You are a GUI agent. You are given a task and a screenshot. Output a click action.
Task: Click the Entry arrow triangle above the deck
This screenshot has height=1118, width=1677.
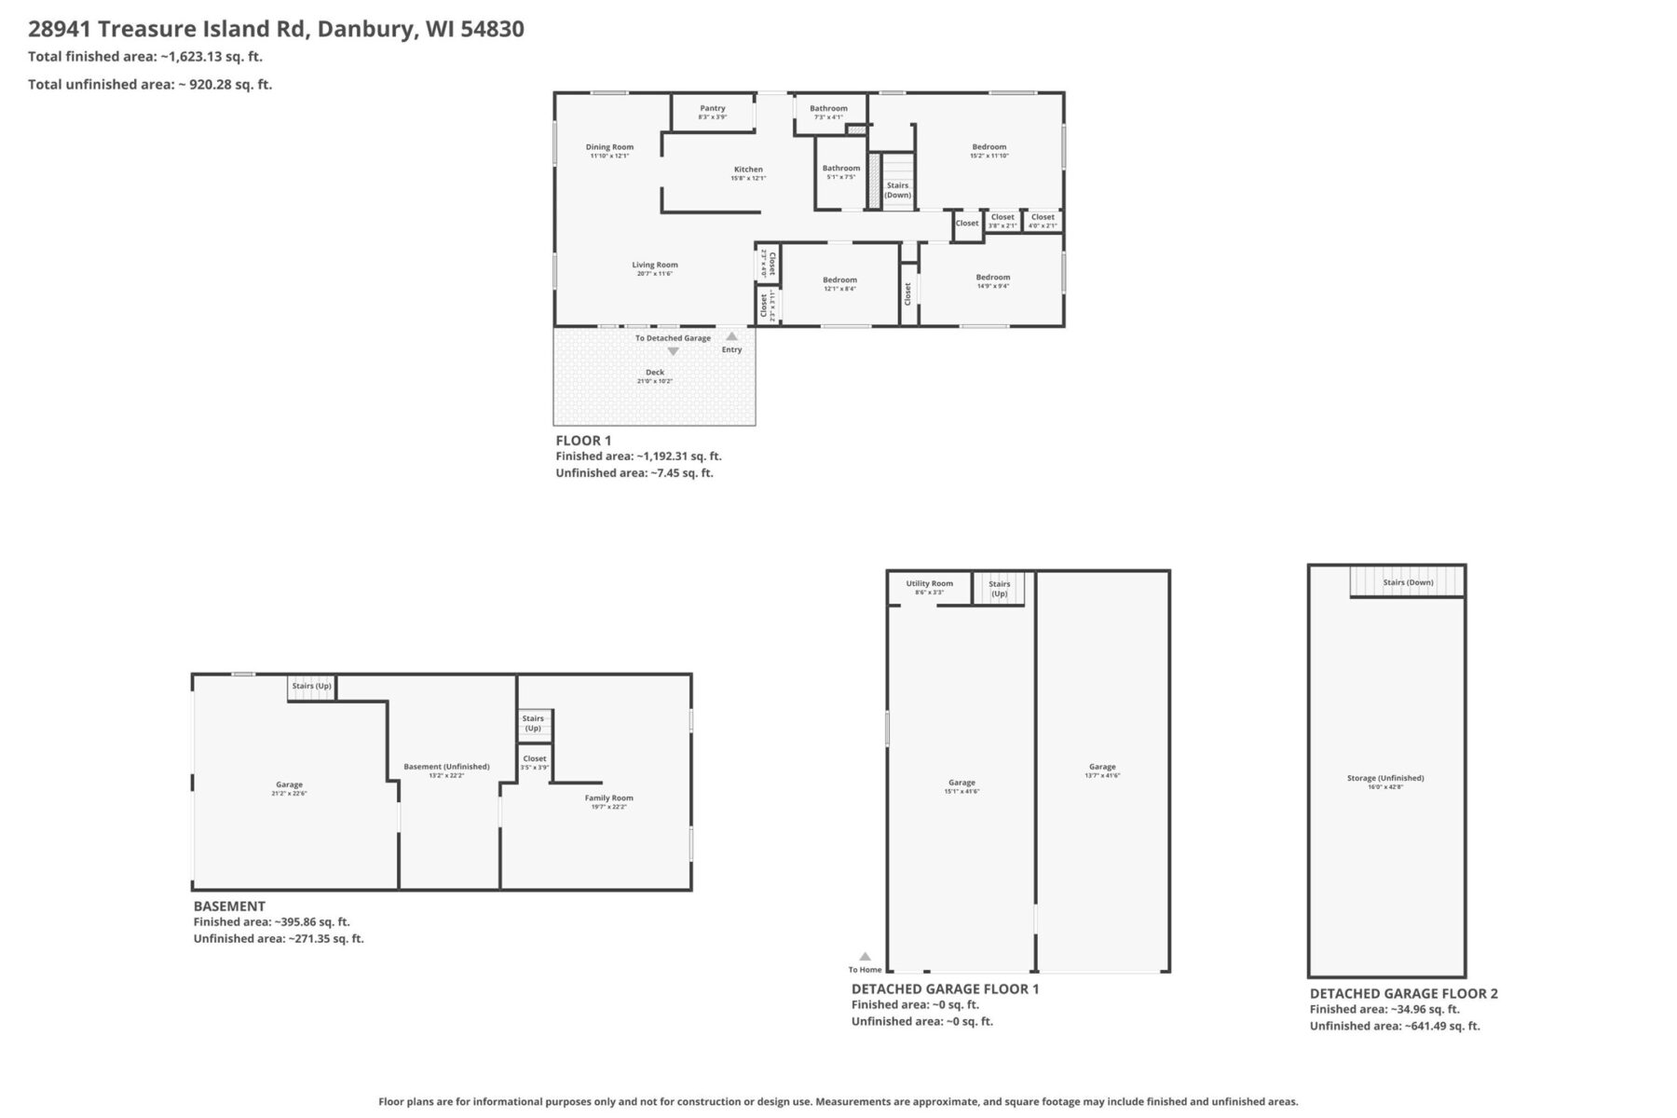(x=732, y=336)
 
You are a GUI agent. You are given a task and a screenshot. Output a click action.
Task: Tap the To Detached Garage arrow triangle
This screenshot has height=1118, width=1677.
(x=673, y=351)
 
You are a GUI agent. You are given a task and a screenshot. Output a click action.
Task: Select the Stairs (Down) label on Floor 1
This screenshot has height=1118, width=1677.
(x=897, y=190)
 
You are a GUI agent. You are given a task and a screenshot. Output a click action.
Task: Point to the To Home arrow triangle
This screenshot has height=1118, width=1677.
(x=865, y=956)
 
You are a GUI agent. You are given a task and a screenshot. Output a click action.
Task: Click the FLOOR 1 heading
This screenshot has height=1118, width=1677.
(x=583, y=441)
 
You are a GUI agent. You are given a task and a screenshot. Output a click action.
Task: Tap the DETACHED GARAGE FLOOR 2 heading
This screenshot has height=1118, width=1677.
(x=1403, y=993)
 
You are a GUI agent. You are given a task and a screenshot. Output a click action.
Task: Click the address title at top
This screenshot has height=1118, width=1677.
(x=276, y=29)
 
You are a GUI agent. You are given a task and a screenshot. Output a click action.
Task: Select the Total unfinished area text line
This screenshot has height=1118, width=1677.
(x=150, y=84)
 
